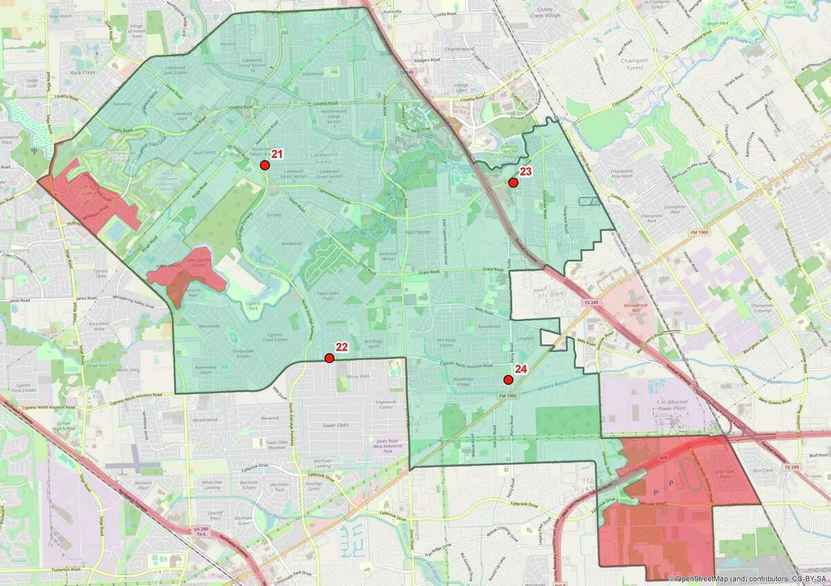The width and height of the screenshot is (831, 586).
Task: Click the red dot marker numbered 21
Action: click(264, 165)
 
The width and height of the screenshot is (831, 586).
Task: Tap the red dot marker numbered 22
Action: click(329, 358)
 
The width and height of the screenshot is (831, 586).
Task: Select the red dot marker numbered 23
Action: click(513, 182)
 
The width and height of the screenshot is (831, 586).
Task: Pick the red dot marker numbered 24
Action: click(508, 379)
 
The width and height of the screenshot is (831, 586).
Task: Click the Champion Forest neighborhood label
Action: click(634, 64)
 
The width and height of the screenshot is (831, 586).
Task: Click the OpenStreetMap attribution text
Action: click(748, 578)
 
